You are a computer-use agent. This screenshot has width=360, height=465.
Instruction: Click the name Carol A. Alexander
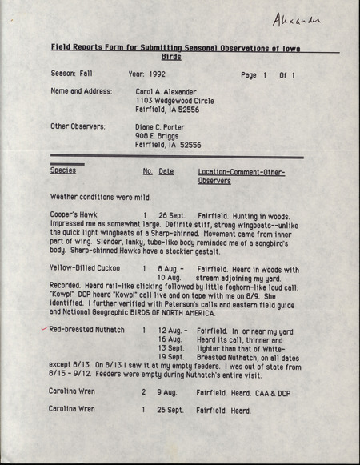coord(171,91)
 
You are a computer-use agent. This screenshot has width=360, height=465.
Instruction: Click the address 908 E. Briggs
coord(160,135)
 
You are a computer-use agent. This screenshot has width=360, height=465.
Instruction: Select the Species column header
coord(63,171)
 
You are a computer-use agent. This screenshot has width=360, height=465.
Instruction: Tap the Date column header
coord(166,171)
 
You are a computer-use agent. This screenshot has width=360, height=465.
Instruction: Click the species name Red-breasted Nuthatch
coord(86,330)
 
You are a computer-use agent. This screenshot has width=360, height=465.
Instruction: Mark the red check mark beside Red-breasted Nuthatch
coord(43,329)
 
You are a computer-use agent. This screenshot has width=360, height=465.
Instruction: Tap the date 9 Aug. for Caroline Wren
coord(166,392)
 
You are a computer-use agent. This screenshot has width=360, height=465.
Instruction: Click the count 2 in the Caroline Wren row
coord(144,392)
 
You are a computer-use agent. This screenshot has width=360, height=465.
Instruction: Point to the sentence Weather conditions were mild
coord(100,197)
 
